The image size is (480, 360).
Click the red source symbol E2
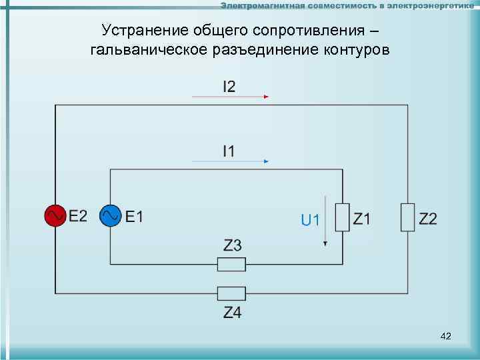click(x=55, y=215)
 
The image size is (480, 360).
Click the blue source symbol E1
click(x=110, y=215)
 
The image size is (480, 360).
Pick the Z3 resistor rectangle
click(x=231, y=265)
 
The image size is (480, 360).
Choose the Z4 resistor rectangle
click(x=231, y=293)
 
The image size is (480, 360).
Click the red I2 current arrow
click(x=229, y=97)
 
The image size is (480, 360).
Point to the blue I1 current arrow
click(x=229, y=161)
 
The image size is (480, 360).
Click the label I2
click(x=229, y=86)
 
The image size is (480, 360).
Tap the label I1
click(x=229, y=151)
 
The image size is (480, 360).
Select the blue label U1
click(x=311, y=219)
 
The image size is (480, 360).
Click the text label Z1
click(x=363, y=218)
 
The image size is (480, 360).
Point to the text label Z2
click(x=428, y=218)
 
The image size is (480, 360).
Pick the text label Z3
click(x=232, y=246)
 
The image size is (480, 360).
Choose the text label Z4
click(x=232, y=311)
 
